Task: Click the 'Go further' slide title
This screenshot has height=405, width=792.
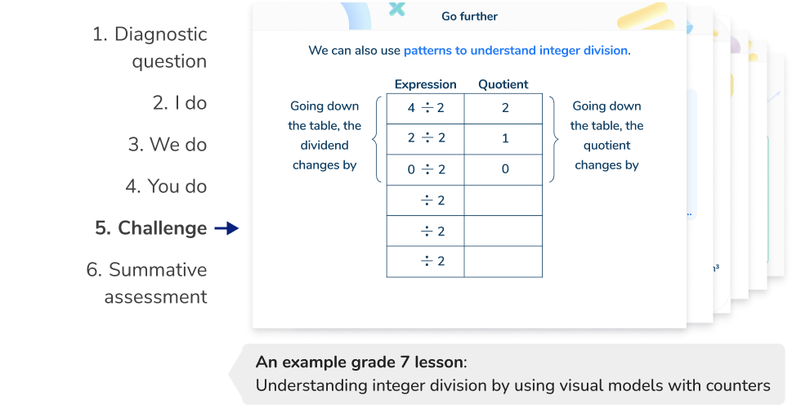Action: [x=468, y=16]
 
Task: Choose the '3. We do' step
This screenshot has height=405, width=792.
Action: [x=167, y=145]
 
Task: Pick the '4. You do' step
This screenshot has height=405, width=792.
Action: [x=166, y=187]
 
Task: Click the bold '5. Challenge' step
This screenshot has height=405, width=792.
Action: [x=150, y=228]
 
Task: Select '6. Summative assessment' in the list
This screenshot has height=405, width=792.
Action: [x=147, y=283]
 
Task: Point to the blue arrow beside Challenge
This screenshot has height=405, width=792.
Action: [x=226, y=229]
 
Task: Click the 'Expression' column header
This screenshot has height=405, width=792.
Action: [x=425, y=84]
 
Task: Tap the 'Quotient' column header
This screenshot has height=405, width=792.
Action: [x=503, y=84]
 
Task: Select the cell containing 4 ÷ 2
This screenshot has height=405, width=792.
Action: [x=425, y=108]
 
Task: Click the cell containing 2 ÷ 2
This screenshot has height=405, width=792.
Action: [x=425, y=138]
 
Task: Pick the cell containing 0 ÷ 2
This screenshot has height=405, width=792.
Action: [x=425, y=169]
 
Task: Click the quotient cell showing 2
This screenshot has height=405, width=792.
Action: [x=503, y=108]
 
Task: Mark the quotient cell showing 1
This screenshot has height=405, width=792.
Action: [x=503, y=138]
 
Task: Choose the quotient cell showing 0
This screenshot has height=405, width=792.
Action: [x=503, y=169]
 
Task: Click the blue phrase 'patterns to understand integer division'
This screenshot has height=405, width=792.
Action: [x=515, y=51]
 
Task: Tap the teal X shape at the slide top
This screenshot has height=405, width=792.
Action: [x=397, y=9]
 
